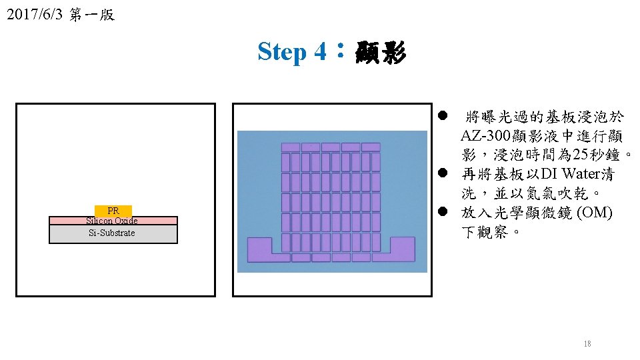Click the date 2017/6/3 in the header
33,15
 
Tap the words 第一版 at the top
92,15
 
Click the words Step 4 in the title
292,51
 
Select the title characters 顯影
381,51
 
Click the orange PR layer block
113,211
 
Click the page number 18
587,344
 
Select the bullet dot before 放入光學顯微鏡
443,213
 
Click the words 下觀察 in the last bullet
487,233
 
